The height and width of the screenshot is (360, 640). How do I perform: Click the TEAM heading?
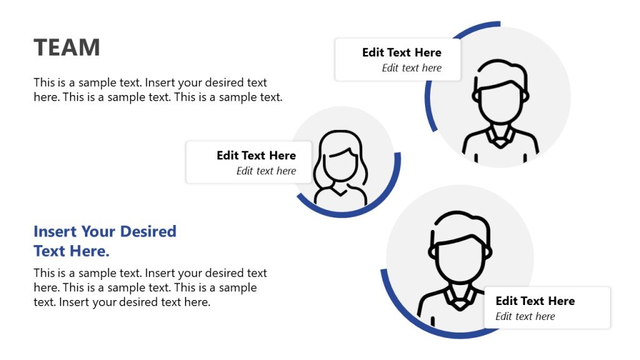click(67, 47)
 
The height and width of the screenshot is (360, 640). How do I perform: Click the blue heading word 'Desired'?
click(148, 232)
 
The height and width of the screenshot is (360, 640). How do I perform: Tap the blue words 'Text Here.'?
click(71, 251)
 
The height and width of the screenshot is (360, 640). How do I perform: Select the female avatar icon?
click(341, 167)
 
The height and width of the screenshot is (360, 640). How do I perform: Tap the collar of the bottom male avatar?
click(459, 301)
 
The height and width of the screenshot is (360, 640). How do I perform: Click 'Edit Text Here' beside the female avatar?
click(256, 156)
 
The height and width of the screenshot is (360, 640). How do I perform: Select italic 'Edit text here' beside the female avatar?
click(266, 171)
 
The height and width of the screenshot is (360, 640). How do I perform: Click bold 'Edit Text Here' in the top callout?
click(402, 52)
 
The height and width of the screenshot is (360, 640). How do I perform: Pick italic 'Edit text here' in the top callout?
click(412, 68)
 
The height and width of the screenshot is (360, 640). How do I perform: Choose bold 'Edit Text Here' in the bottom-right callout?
click(535, 301)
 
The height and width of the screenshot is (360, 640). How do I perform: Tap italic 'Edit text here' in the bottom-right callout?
click(525, 317)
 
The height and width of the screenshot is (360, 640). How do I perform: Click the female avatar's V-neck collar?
click(341, 189)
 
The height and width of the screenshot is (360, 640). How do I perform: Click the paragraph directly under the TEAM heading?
click(157, 90)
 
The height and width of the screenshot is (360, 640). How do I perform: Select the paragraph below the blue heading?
click(150, 288)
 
